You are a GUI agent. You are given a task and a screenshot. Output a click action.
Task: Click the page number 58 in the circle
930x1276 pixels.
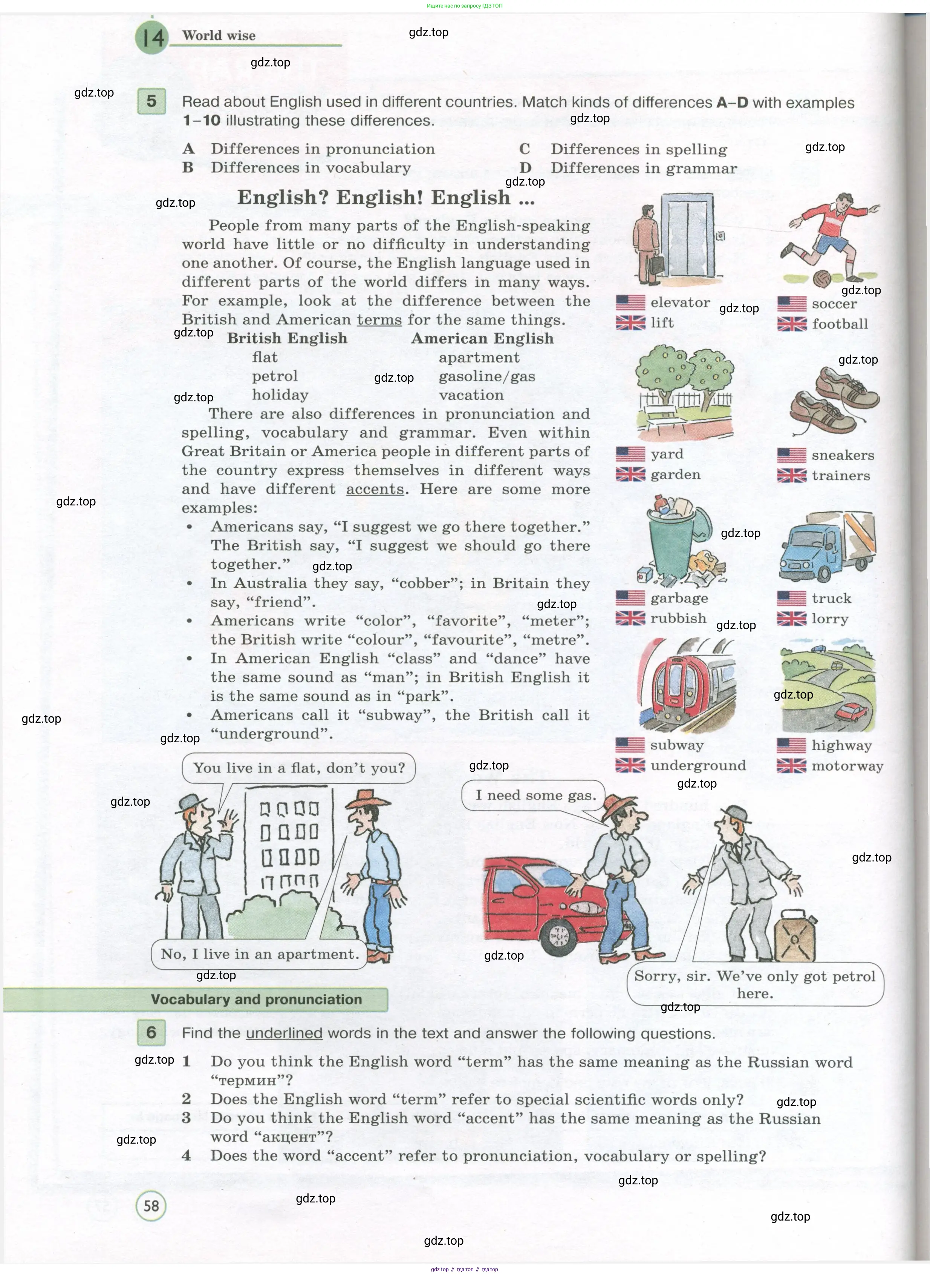[151, 1205]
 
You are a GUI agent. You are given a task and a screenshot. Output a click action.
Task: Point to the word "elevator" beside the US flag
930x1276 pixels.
[680, 302]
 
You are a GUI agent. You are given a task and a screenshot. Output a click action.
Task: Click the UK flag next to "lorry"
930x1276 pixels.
[791, 619]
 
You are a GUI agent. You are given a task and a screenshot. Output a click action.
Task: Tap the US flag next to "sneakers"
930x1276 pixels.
[791, 455]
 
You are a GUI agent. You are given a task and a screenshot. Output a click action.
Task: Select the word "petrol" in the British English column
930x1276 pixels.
[275, 376]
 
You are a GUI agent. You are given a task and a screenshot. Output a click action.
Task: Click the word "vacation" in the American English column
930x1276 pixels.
[471, 395]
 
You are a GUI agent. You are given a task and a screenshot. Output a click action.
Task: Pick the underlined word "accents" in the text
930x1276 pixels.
[375, 489]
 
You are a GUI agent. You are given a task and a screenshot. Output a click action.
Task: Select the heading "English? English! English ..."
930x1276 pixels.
[385, 198]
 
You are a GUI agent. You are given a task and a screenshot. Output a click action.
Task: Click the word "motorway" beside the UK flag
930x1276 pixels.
[847, 766]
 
